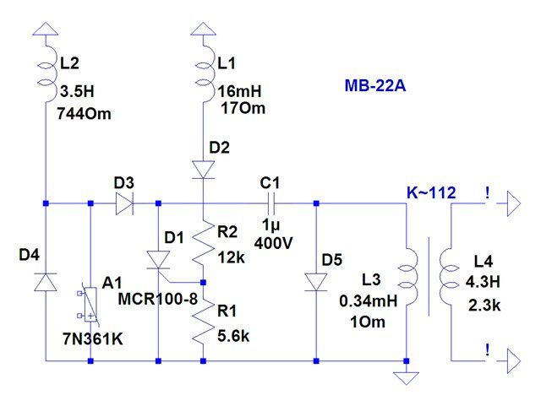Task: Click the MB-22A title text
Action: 376,86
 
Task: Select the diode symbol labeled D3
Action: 124,203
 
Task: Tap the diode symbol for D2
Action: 203,169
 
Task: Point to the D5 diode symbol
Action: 316,280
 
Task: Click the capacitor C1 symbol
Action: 271,203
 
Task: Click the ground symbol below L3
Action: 407,368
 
